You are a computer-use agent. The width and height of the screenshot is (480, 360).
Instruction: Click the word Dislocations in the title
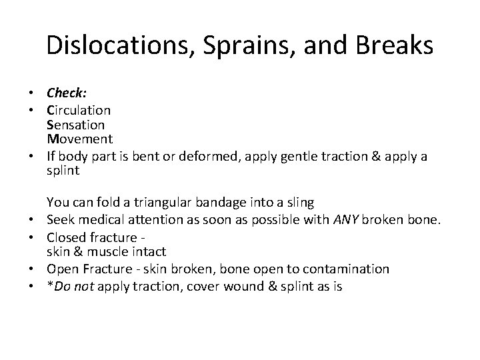(118, 45)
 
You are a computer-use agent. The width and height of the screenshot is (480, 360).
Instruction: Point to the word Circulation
(79, 109)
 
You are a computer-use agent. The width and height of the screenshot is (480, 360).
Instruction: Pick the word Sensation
(75, 125)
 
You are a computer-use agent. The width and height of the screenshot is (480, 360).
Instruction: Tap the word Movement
(79, 139)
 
